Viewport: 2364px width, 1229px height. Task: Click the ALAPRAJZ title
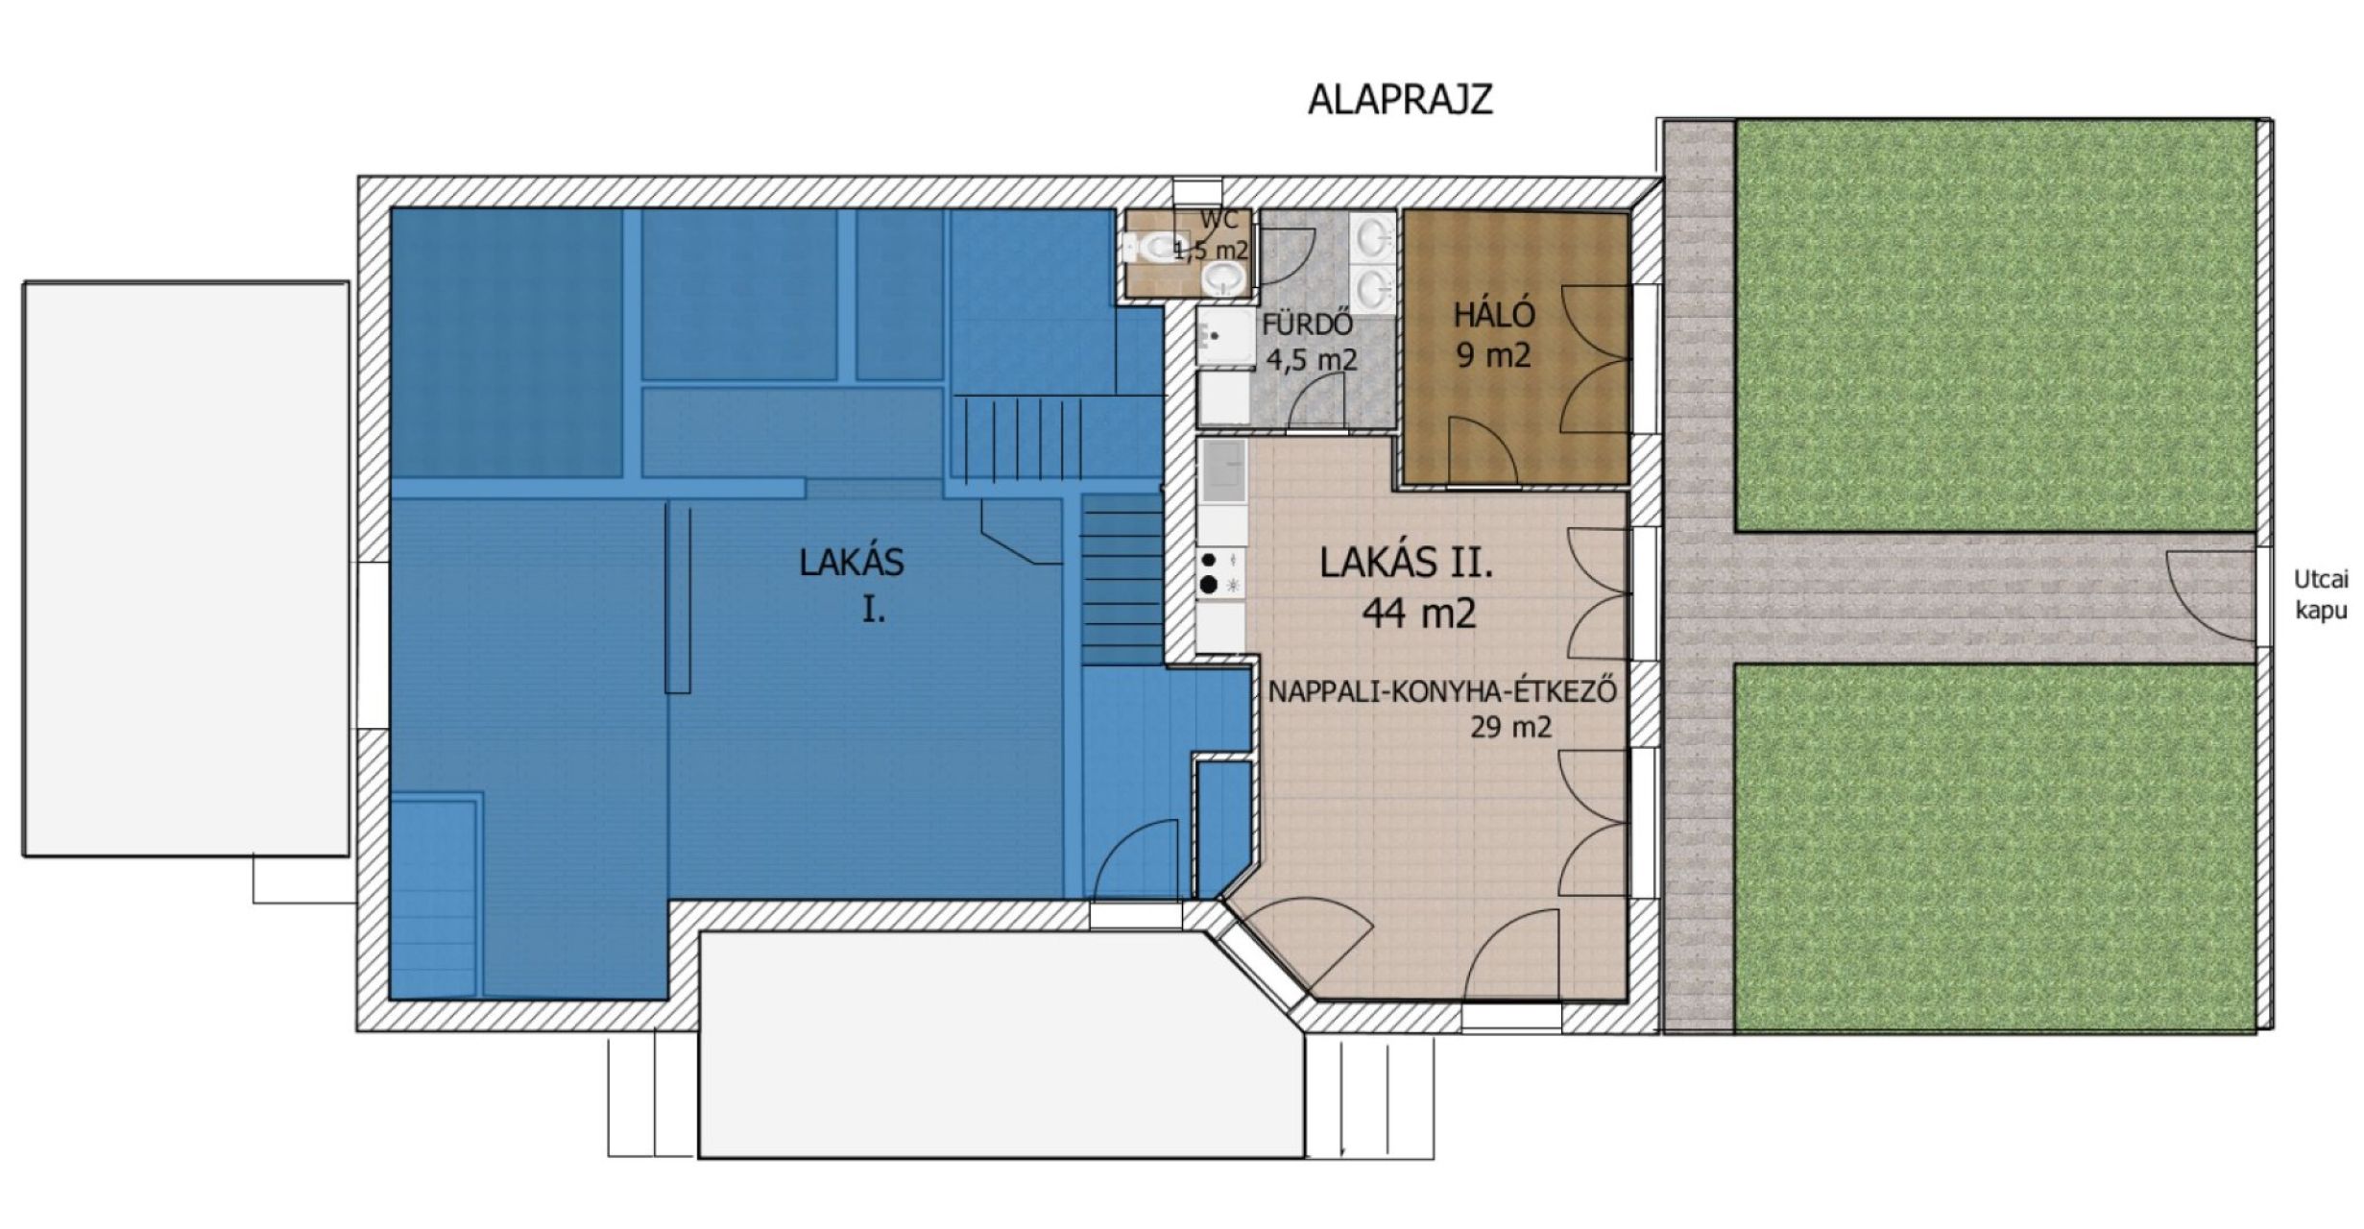click(1400, 100)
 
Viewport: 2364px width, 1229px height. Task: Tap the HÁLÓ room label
click(1494, 315)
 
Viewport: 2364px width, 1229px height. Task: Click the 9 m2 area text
click(1493, 356)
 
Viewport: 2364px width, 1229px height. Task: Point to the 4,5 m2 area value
click(1312, 360)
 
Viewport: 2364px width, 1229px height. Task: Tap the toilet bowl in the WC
click(1151, 249)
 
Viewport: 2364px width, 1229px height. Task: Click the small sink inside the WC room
click(1221, 279)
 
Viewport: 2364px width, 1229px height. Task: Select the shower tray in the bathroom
click(1225, 337)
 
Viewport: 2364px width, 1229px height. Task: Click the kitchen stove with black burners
click(1220, 573)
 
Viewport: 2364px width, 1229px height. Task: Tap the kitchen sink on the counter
click(1221, 472)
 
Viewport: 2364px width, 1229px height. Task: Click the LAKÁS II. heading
click(1407, 563)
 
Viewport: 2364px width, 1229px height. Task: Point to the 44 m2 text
click(1418, 613)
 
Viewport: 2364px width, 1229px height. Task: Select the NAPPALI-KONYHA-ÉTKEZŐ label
click(1442, 691)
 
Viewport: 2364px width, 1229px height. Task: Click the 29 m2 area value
click(1510, 728)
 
